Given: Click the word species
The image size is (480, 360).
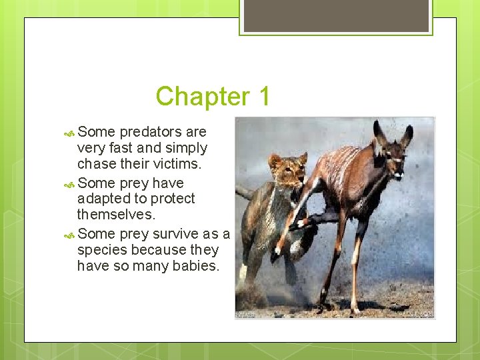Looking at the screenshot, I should click(x=103, y=250).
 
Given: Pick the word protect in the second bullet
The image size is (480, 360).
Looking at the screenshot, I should click(x=172, y=199).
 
